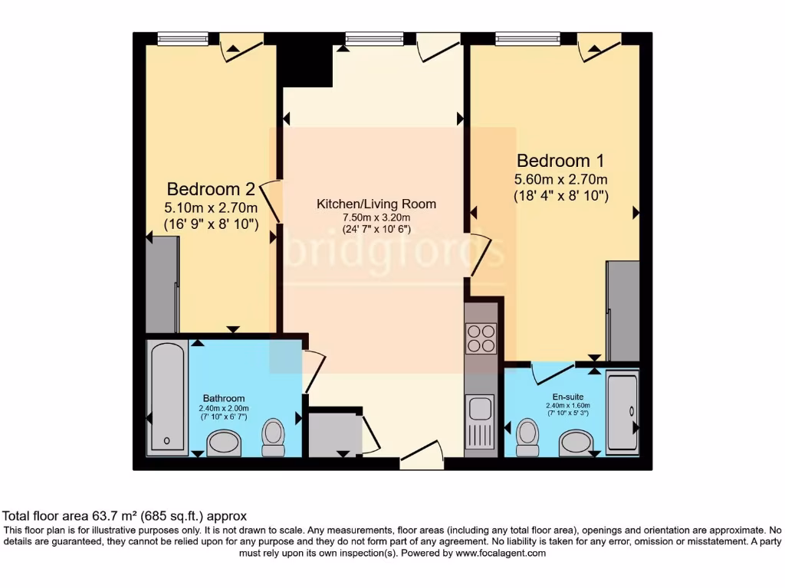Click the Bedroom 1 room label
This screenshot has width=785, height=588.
pos(560,161)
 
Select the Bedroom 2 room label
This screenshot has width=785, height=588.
pos(211,188)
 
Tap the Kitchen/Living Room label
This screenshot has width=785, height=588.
pos(376,204)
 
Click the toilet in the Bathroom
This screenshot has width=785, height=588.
pos(273,434)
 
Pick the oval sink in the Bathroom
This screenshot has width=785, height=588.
pos(225,442)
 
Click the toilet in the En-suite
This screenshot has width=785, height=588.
pos(527,434)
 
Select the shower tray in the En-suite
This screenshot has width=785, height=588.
pos(622,413)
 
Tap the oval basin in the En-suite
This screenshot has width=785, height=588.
pos(576,442)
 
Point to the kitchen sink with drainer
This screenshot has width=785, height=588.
pos(481,422)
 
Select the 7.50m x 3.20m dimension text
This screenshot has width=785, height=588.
pos(376,218)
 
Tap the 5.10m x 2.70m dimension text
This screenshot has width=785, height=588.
pos(211,207)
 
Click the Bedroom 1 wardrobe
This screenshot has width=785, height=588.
pos(622,310)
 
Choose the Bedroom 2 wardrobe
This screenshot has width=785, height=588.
pos(163,284)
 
